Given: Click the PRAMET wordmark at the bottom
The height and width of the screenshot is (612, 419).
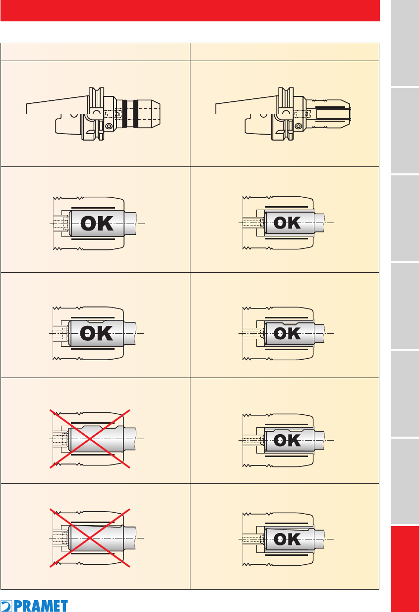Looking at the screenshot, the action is tap(41, 606).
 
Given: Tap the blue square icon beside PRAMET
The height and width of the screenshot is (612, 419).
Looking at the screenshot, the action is tap(6, 606).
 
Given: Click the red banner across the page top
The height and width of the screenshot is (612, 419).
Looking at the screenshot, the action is tap(190, 10).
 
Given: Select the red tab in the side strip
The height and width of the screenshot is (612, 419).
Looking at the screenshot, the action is tap(405, 569).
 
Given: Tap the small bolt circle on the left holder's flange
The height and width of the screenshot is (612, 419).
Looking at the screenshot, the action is tap(109, 126).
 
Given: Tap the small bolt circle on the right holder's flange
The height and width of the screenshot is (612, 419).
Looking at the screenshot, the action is tap(299, 126).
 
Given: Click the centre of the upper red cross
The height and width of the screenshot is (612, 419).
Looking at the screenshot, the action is tap(90, 439).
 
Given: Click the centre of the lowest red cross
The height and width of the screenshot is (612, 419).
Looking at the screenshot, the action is tap(90, 538).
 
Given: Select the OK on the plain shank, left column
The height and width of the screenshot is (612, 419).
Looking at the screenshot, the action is tap(97, 223).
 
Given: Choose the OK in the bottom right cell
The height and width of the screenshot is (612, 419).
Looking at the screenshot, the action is tap(287, 539).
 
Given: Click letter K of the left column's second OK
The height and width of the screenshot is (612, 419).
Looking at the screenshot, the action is tap(105, 333).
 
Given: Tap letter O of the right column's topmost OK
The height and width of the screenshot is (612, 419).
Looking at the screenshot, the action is tap(280, 223).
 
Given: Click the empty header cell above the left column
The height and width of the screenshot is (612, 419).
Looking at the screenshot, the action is tap(95, 52).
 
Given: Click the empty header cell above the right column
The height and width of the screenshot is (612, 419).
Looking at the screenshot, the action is tap(285, 52).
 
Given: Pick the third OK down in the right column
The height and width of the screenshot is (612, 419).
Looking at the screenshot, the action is tap(287, 440).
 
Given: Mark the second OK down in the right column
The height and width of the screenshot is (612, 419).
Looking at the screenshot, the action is tap(287, 334).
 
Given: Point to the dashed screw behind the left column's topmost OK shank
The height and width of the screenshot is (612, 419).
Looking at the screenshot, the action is tap(60, 224).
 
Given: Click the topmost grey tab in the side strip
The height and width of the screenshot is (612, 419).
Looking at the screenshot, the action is tap(405, 43).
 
